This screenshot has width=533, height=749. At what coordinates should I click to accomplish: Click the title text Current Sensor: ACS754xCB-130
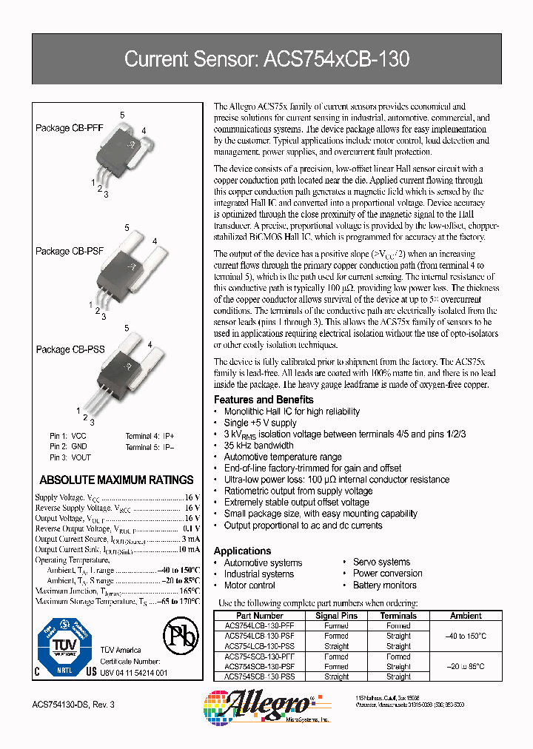click(x=266, y=58)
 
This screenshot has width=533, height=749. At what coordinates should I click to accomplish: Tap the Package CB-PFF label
click(x=69, y=128)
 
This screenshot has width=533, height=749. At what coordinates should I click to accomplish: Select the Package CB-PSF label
click(x=70, y=252)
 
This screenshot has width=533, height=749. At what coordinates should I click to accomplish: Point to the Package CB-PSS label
click(x=70, y=349)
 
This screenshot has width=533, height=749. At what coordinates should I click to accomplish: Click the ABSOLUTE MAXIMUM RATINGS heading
click(x=116, y=480)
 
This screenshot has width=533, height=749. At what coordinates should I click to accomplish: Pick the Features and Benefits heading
click(x=263, y=400)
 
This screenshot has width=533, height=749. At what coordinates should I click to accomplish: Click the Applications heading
click(x=242, y=551)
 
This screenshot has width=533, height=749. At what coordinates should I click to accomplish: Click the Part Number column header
click(x=259, y=616)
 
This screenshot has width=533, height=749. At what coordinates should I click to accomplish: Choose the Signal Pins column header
click(x=337, y=616)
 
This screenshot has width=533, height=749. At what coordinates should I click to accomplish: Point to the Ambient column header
click(x=466, y=616)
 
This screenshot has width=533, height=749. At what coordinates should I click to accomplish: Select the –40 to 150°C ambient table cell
click(x=466, y=636)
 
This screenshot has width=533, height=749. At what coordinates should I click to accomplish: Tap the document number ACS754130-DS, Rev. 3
click(x=74, y=704)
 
